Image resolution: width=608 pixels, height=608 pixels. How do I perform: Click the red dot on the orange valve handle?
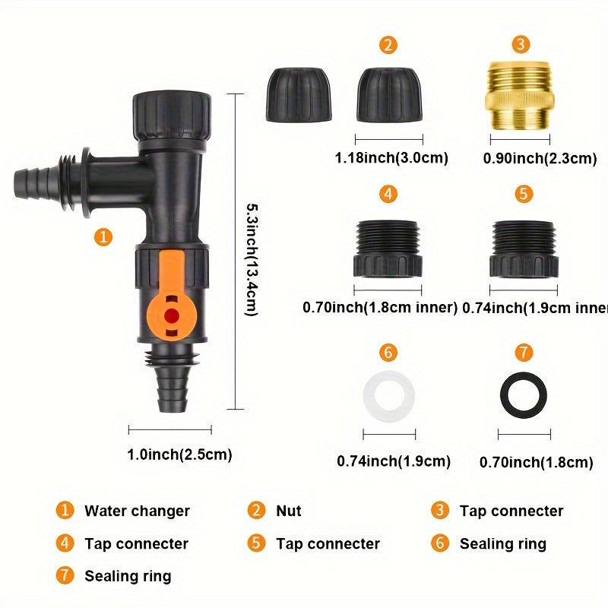pyautogui.click(x=173, y=314)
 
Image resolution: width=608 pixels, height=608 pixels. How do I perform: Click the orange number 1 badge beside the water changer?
pyautogui.click(x=104, y=237)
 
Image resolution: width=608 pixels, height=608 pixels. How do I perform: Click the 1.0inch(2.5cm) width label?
pyautogui.click(x=179, y=455)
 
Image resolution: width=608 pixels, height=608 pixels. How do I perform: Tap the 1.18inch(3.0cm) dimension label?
pyautogui.click(x=391, y=158)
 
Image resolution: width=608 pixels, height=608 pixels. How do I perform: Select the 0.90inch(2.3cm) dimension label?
pyautogui.click(x=540, y=158)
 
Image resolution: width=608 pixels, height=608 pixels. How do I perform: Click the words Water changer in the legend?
pyautogui.click(x=137, y=511)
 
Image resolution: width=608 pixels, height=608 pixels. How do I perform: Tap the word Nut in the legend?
pyautogui.click(x=288, y=511)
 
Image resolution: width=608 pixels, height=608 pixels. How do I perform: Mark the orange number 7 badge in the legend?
pyautogui.click(x=66, y=575)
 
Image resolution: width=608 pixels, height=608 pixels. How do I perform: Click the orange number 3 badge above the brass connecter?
pyautogui.click(x=521, y=44)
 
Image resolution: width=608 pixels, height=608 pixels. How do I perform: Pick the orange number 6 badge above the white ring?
pyautogui.click(x=388, y=353)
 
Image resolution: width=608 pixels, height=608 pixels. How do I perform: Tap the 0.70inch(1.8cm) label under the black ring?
pyautogui.click(x=536, y=462)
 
